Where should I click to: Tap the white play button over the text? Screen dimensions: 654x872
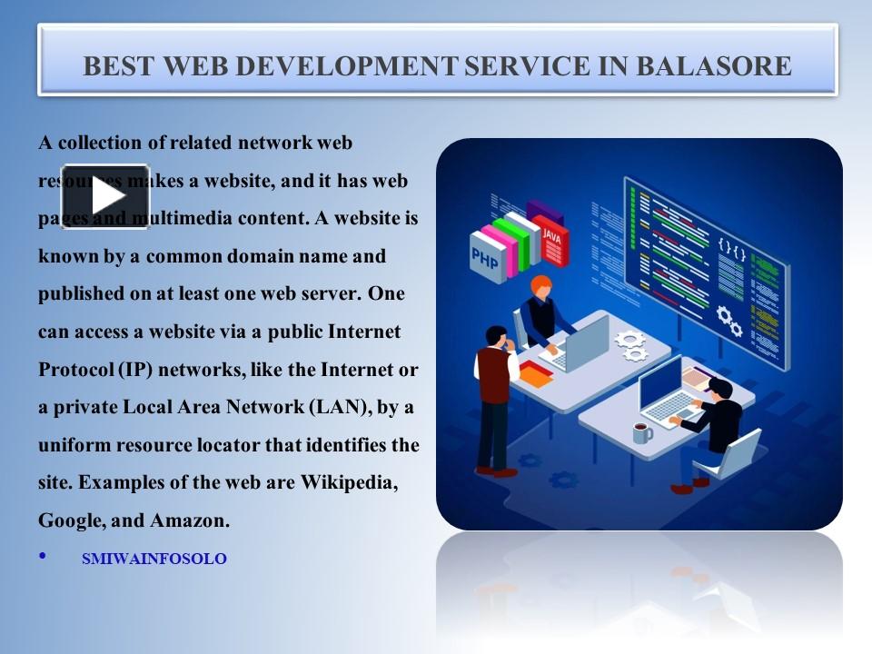click(x=105, y=197)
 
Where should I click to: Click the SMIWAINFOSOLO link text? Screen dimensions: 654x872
click(x=154, y=560)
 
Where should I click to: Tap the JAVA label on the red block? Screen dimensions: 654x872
click(x=551, y=234)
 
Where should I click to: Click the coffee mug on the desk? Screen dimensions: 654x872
click(x=642, y=432)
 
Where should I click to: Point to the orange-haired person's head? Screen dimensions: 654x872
click(x=540, y=285)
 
